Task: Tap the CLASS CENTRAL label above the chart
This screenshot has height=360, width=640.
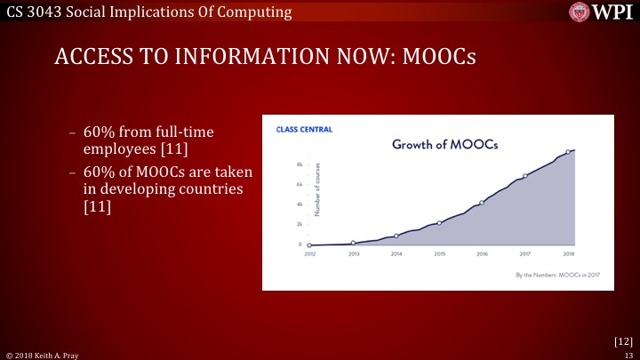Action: tap(304, 130)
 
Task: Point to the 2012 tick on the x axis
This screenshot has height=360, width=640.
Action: tap(309, 253)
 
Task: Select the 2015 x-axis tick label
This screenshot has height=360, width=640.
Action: tap(439, 253)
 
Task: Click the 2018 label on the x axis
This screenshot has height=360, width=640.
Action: tap(568, 253)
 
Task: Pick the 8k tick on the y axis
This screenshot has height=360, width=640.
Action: tap(300, 165)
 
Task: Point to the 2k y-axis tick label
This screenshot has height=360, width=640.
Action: tap(300, 224)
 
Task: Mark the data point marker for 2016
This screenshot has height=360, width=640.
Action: tap(482, 203)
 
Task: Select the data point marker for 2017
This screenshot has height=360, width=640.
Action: tap(525, 176)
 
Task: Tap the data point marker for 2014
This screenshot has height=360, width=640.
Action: tap(396, 236)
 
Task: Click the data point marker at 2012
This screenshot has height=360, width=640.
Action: tap(309, 244)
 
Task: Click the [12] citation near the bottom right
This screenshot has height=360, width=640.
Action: tap(623, 340)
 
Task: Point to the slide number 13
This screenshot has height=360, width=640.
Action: tap(628, 354)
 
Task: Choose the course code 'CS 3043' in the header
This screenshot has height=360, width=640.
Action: tap(32, 11)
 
